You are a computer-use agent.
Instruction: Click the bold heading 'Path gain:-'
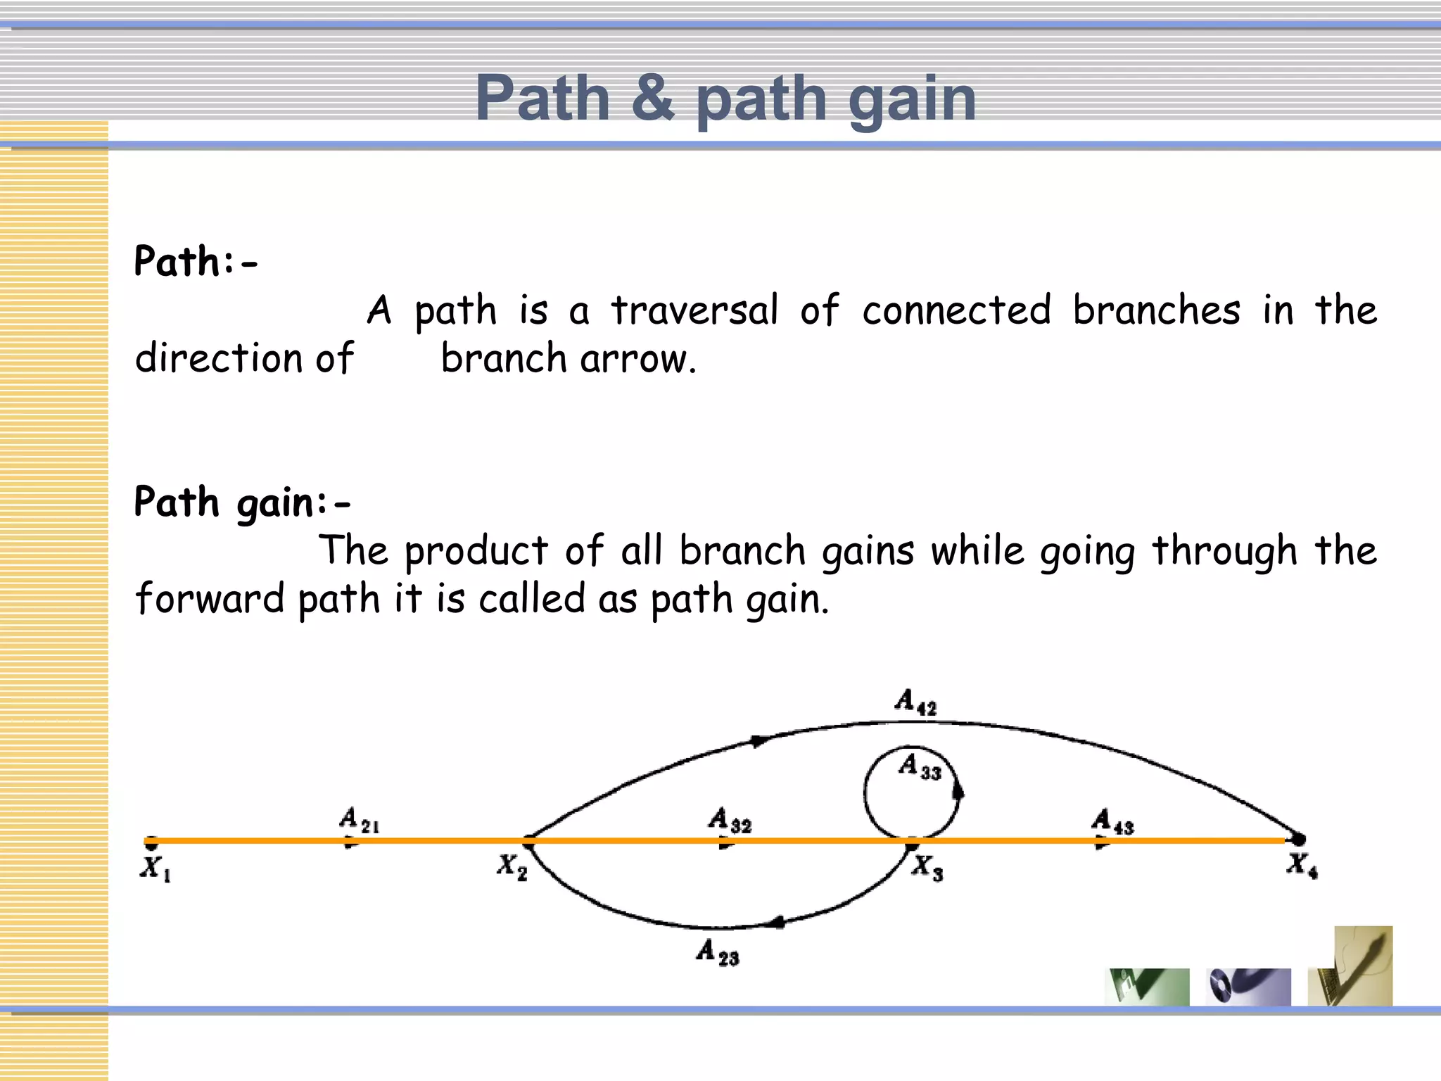(241, 502)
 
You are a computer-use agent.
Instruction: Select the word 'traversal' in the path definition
(694, 310)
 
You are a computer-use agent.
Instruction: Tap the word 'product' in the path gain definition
(476, 551)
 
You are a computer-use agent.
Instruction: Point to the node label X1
(155, 868)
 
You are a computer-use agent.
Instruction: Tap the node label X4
(1302, 865)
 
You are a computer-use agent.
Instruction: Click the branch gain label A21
(359, 820)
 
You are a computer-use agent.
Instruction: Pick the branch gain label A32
(730, 821)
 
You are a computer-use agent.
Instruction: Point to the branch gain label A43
(1112, 821)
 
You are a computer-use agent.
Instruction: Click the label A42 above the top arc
(915, 702)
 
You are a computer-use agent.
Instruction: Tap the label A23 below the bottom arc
(718, 953)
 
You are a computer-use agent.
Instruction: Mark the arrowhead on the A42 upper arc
(758, 741)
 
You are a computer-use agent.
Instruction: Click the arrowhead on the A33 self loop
(958, 792)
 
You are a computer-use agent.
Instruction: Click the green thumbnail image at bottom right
(1147, 987)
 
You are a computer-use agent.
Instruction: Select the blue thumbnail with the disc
(1248, 987)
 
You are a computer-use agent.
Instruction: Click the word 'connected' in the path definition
(956, 310)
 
